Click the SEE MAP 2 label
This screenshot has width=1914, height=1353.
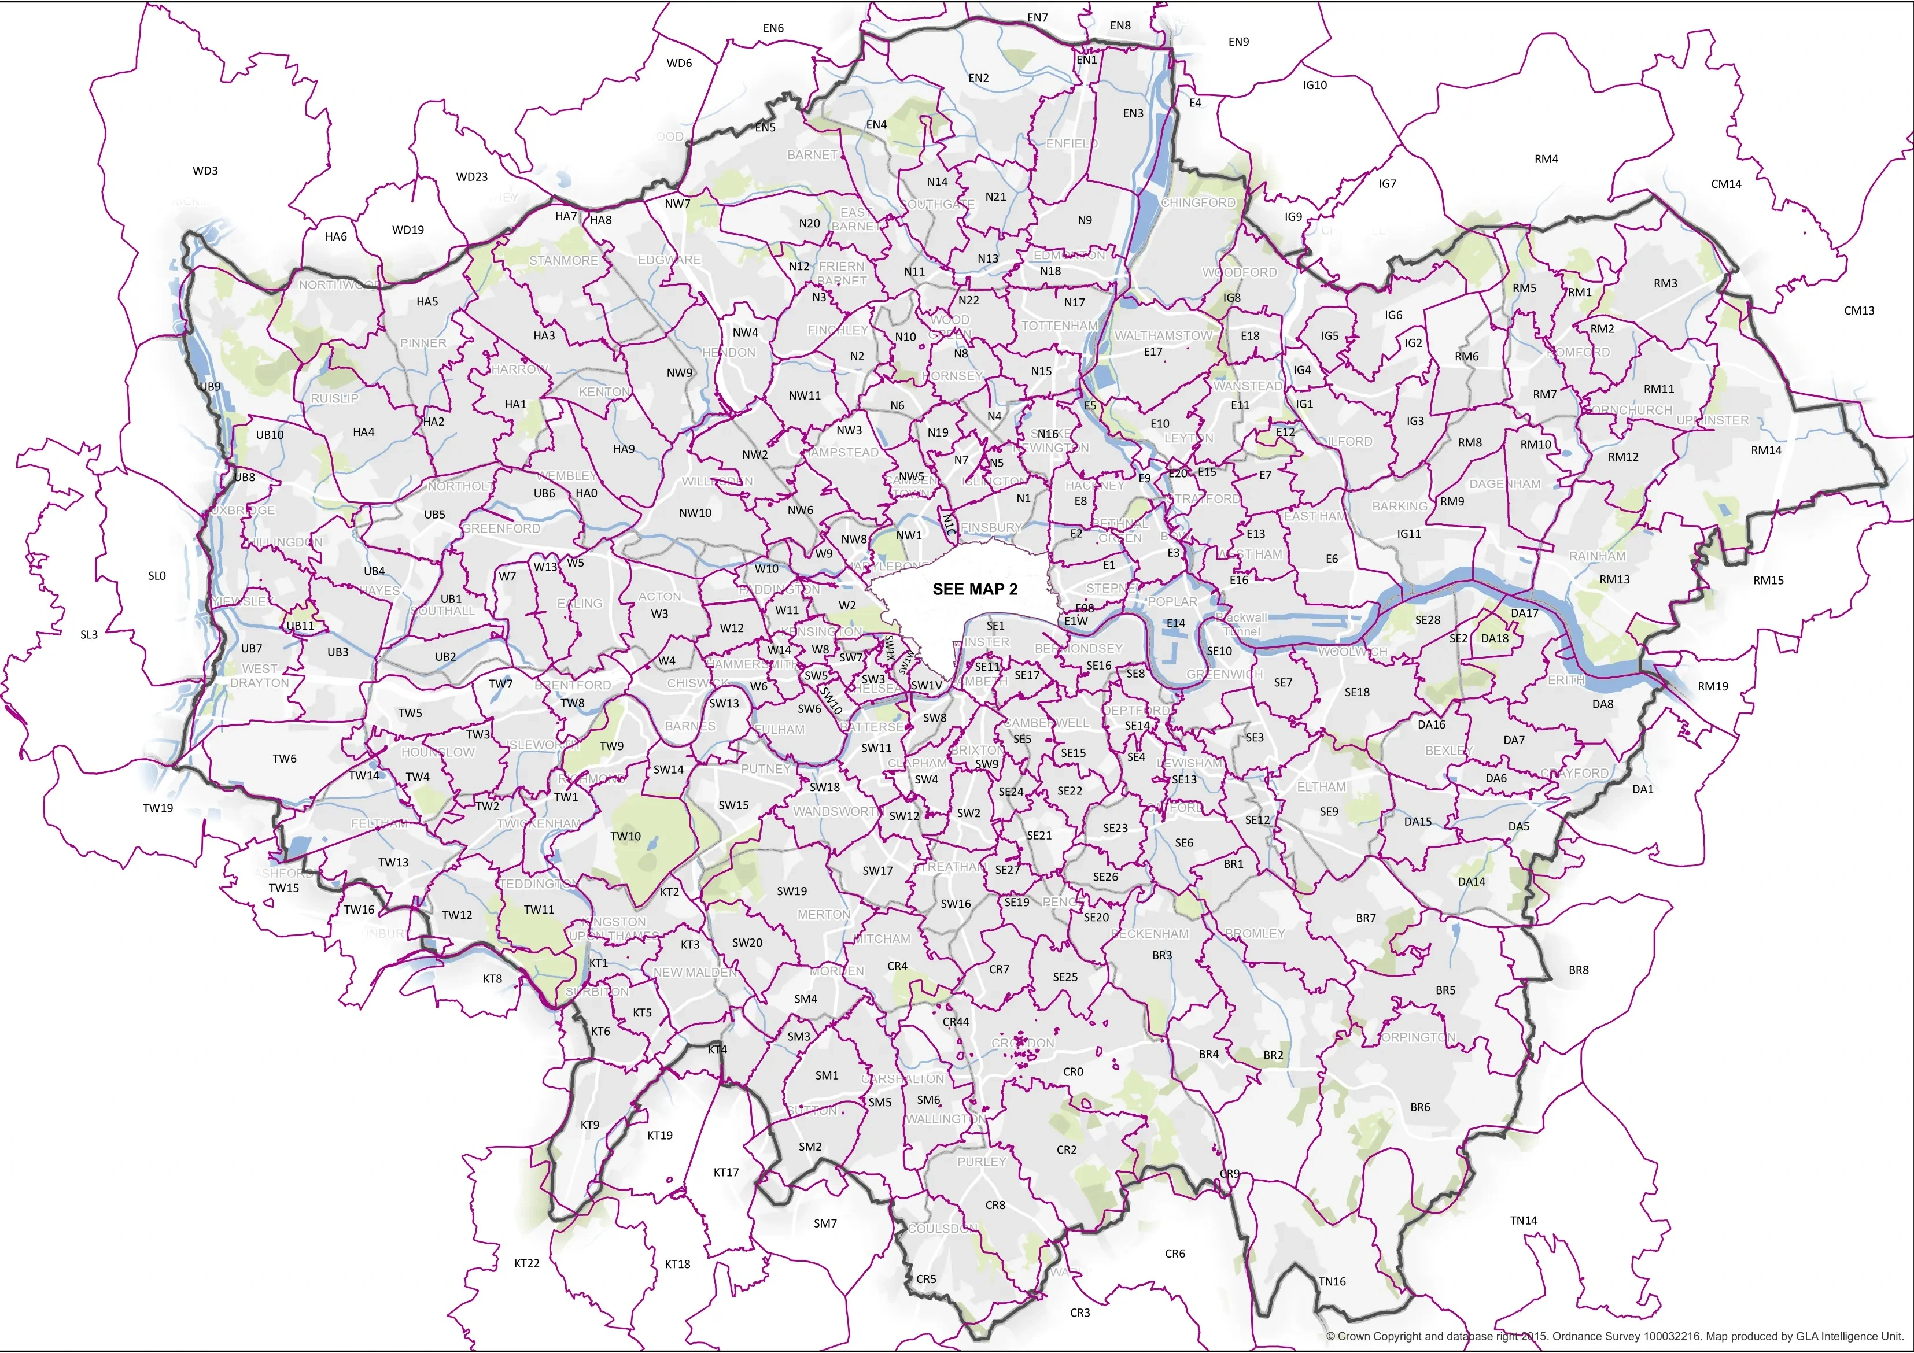[x=975, y=589]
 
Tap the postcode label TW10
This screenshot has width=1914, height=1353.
[x=625, y=837]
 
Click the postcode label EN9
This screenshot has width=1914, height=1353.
[x=1239, y=42]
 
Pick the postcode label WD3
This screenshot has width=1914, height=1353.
[x=205, y=171]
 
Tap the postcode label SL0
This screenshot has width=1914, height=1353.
[x=157, y=576]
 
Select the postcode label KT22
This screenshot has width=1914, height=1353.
[x=527, y=1263]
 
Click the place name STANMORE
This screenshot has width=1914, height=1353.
[x=563, y=261]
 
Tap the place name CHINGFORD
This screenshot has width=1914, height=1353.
[x=1198, y=202]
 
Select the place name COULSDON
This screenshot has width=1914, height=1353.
[x=943, y=1229]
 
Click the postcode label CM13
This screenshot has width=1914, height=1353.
[x=1859, y=310]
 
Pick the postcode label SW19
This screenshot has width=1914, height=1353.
[x=792, y=890]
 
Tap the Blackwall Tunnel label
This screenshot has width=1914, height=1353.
[x=1242, y=624]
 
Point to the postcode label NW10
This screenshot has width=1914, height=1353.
[x=695, y=513]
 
